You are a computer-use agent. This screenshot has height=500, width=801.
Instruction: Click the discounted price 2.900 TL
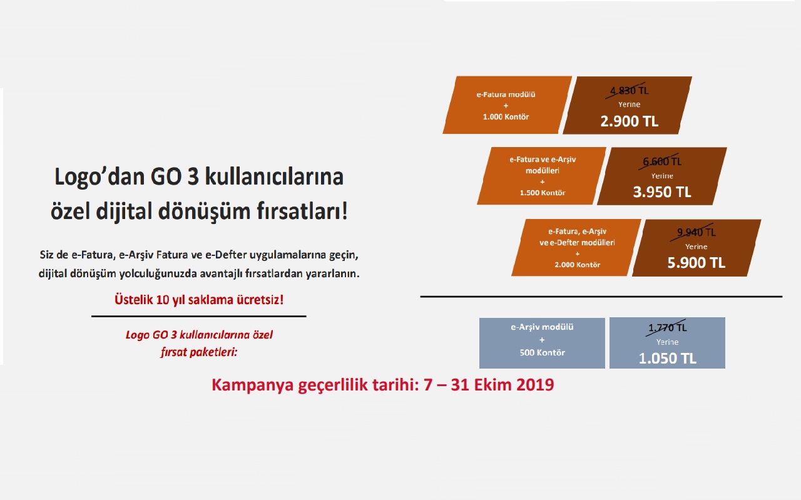coord(629,121)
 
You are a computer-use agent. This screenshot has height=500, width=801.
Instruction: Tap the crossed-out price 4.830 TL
coord(629,91)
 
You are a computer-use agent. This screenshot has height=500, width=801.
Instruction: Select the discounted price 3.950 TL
coord(662,192)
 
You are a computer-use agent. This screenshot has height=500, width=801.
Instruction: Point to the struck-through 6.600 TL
coord(662,161)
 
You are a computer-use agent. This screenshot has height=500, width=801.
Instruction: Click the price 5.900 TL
coord(696,263)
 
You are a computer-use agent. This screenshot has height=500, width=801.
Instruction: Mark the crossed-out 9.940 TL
coord(696,232)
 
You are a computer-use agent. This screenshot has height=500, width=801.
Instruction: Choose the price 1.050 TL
coord(667,359)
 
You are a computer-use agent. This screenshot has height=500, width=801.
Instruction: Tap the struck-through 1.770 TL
coord(667,328)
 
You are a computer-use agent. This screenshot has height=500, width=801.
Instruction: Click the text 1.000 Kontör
coord(506,117)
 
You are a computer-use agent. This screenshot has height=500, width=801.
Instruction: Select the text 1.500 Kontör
coord(543,193)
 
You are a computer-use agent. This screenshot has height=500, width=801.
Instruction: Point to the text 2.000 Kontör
coord(577,265)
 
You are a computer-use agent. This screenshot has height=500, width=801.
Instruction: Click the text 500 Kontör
coord(542,353)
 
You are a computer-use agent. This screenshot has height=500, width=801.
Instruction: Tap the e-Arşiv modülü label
coord(542,327)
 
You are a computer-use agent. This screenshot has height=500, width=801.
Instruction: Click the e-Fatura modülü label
coord(506,94)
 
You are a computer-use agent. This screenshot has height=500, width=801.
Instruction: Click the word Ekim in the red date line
coord(492,385)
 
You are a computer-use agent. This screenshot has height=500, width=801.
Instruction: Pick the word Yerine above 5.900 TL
coord(696,247)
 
